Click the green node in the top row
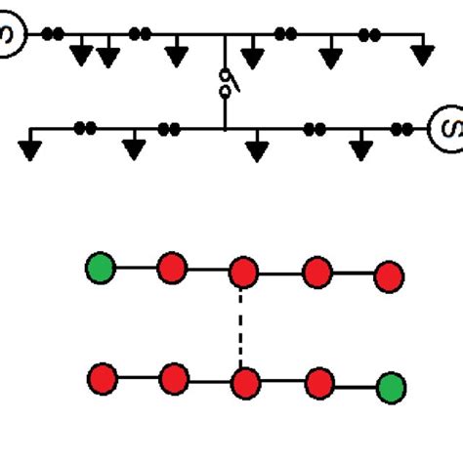101,267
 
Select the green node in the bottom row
392,388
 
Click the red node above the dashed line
242,273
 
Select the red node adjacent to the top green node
172,267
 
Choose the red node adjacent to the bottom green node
320,381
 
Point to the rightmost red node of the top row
389,276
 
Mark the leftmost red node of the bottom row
102,377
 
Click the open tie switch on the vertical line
226,83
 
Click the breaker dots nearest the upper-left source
53,34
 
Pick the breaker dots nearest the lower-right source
402,127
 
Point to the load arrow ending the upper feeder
421,55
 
